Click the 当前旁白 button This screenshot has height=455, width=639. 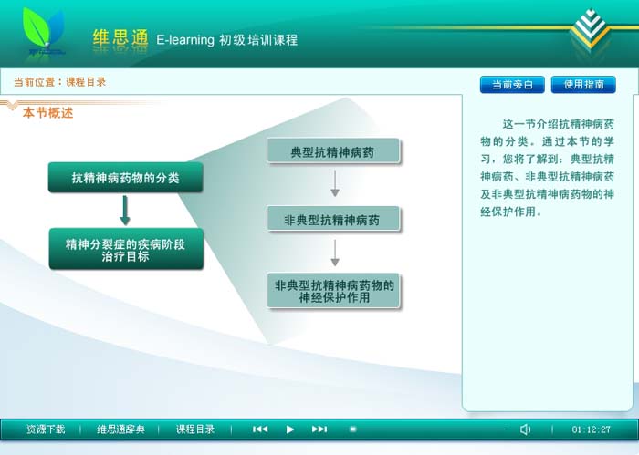[512, 84]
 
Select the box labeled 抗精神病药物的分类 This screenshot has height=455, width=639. [126, 178]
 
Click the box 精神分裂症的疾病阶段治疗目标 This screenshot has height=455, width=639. [126, 249]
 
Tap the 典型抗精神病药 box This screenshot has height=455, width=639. [333, 151]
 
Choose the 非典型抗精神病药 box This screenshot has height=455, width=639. [333, 219]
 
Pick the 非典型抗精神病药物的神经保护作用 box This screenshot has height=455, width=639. [333, 291]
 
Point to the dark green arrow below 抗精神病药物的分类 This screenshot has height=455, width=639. [125, 211]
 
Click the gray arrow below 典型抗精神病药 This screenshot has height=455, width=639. [335, 183]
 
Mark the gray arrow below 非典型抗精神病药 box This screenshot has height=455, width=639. [335, 253]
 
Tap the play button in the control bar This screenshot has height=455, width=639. [289, 429]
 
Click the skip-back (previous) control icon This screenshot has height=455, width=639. [260, 429]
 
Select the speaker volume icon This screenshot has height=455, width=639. [525, 429]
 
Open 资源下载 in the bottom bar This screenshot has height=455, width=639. [46, 429]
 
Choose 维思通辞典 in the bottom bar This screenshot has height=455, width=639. [120, 429]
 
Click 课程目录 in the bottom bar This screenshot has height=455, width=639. [195, 429]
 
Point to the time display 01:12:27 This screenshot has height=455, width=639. [591, 429]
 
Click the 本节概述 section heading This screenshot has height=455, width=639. [47, 113]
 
